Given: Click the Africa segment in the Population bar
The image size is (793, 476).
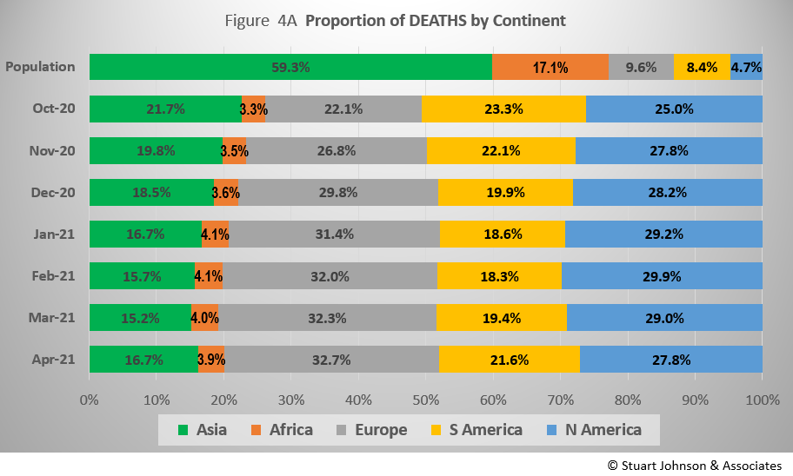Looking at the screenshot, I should click(x=550, y=67).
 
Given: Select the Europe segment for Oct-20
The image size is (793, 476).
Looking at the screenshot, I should click(x=343, y=109).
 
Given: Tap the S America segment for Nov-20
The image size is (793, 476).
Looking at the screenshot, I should click(x=501, y=150).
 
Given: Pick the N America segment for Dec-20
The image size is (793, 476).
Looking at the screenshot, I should click(x=667, y=192).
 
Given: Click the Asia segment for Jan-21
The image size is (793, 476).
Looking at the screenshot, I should click(x=145, y=235).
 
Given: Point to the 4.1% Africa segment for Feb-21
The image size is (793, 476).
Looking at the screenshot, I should click(x=209, y=276).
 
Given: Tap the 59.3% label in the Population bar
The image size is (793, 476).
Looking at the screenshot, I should click(x=290, y=67).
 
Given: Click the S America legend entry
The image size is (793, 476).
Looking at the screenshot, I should click(x=485, y=429).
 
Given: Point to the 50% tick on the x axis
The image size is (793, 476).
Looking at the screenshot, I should click(x=425, y=400).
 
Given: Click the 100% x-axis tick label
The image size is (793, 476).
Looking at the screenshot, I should click(x=762, y=400).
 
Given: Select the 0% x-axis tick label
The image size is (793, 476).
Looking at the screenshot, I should click(x=89, y=400).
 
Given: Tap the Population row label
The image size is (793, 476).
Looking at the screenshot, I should click(x=40, y=67).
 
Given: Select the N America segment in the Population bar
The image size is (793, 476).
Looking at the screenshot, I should click(x=746, y=67).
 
